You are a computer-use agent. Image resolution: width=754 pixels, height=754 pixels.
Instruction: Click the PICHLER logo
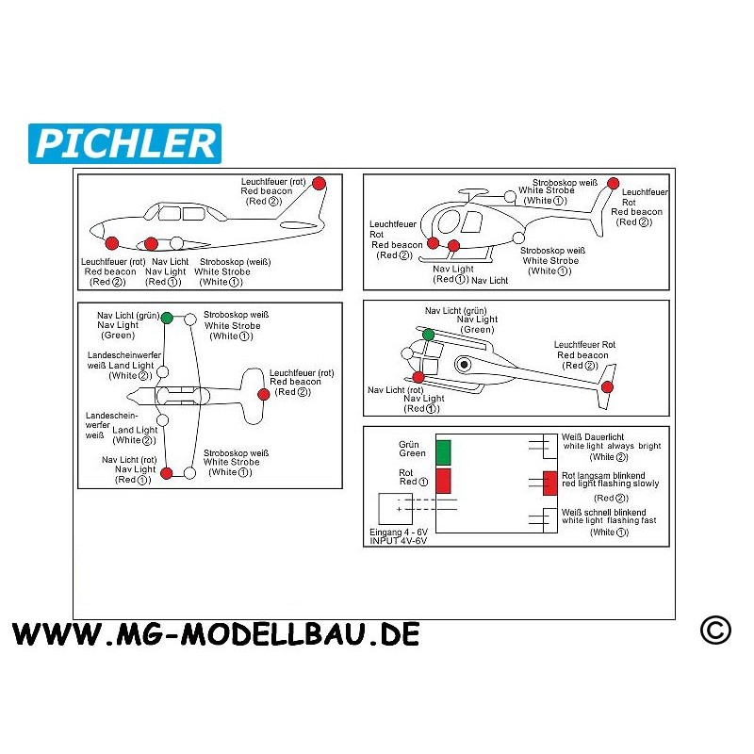click(125, 143)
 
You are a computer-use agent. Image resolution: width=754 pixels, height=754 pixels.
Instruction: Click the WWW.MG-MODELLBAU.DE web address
click(216, 633)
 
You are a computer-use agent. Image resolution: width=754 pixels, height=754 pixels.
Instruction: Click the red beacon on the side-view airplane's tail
click(319, 183)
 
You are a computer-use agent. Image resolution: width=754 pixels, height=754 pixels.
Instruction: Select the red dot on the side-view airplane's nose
click(112, 241)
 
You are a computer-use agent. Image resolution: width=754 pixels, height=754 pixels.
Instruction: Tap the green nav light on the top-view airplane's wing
click(167, 318)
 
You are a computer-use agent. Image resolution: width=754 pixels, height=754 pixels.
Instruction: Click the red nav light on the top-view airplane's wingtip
click(167, 473)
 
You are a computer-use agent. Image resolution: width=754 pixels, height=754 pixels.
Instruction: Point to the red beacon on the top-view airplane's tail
click(263, 394)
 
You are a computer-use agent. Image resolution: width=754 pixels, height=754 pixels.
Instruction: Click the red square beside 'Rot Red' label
click(443, 479)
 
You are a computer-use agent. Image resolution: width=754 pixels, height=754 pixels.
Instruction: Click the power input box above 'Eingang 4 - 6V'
click(394, 509)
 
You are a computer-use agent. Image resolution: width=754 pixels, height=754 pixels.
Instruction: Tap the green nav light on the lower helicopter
click(428, 335)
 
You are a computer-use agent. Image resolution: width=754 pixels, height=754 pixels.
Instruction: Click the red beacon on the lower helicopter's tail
click(607, 386)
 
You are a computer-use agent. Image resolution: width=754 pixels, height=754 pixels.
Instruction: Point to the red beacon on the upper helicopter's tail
click(613, 183)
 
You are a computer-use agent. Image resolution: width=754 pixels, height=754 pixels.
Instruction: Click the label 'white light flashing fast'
click(609, 520)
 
